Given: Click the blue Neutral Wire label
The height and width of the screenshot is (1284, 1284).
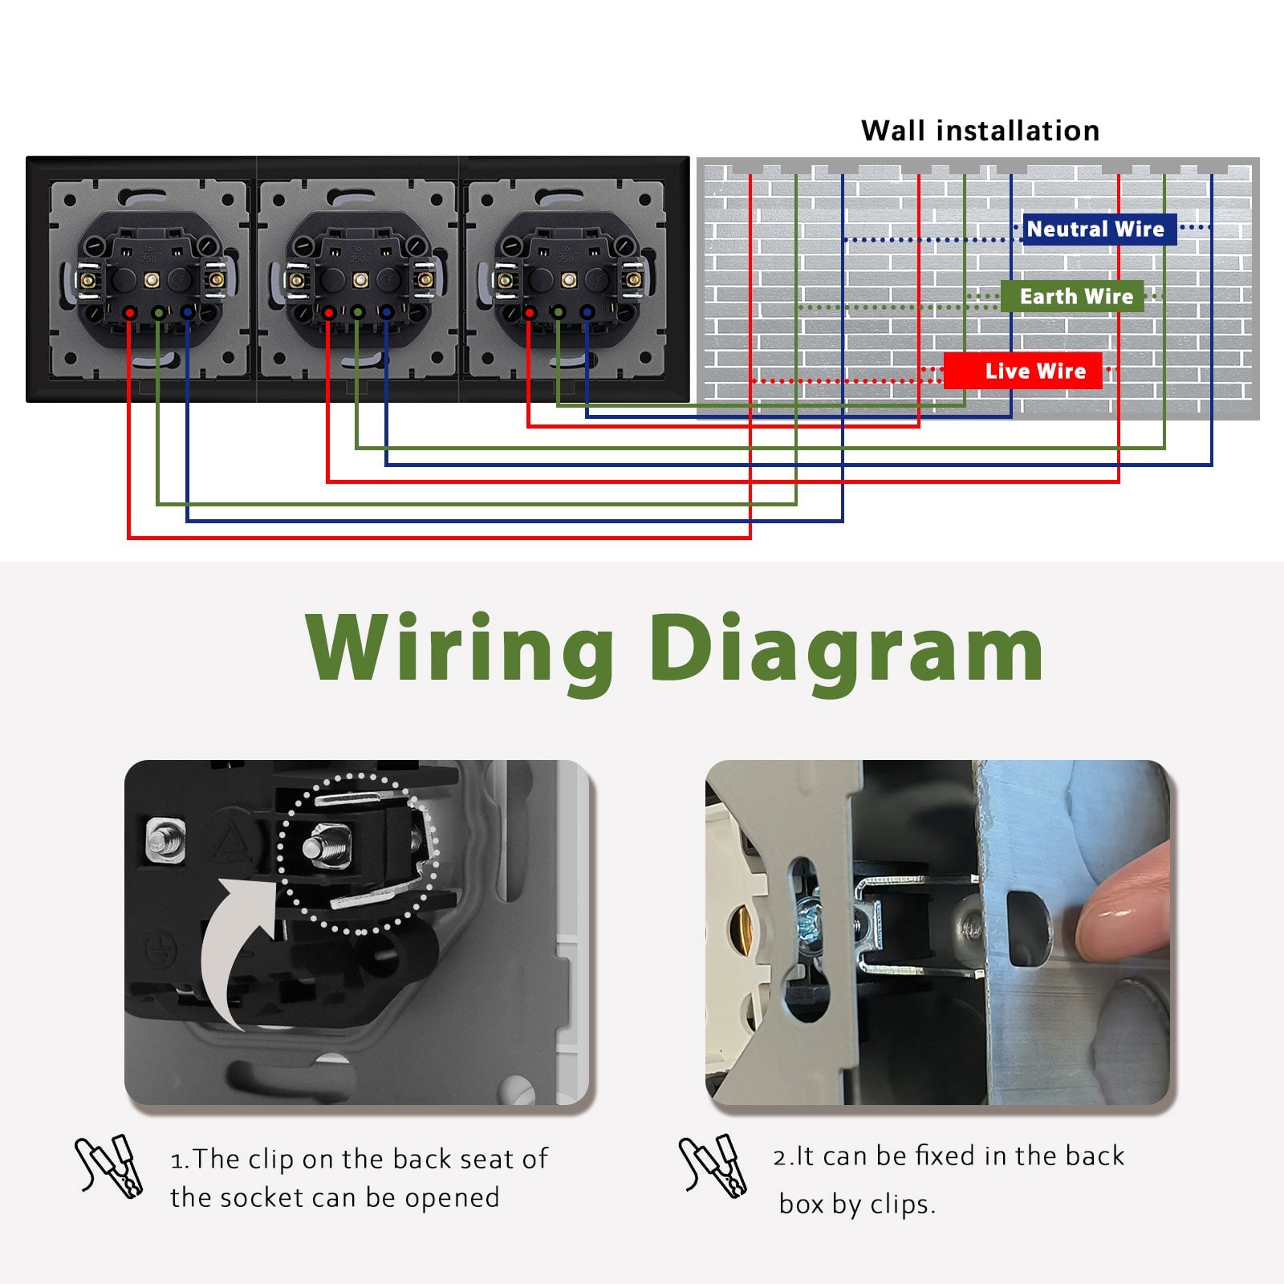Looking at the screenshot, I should [x=1095, y=230].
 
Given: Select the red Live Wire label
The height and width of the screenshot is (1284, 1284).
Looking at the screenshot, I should [x=1023, y=371].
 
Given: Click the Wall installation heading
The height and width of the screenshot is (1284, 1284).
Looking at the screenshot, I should [x=980, y=131].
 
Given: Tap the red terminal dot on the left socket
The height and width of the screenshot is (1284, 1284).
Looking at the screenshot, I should [x=129, y=311].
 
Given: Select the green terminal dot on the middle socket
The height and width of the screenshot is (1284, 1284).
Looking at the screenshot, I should [x=358, y=311].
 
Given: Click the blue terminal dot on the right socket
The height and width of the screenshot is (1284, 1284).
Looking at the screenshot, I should [x=587, y=311].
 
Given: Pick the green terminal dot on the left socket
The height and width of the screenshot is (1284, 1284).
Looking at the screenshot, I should [x=159, y=311].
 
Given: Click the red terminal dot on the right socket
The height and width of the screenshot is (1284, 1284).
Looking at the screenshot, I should [x=529, y=311].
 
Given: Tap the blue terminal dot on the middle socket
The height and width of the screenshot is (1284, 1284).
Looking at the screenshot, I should [x=387, y=311].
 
